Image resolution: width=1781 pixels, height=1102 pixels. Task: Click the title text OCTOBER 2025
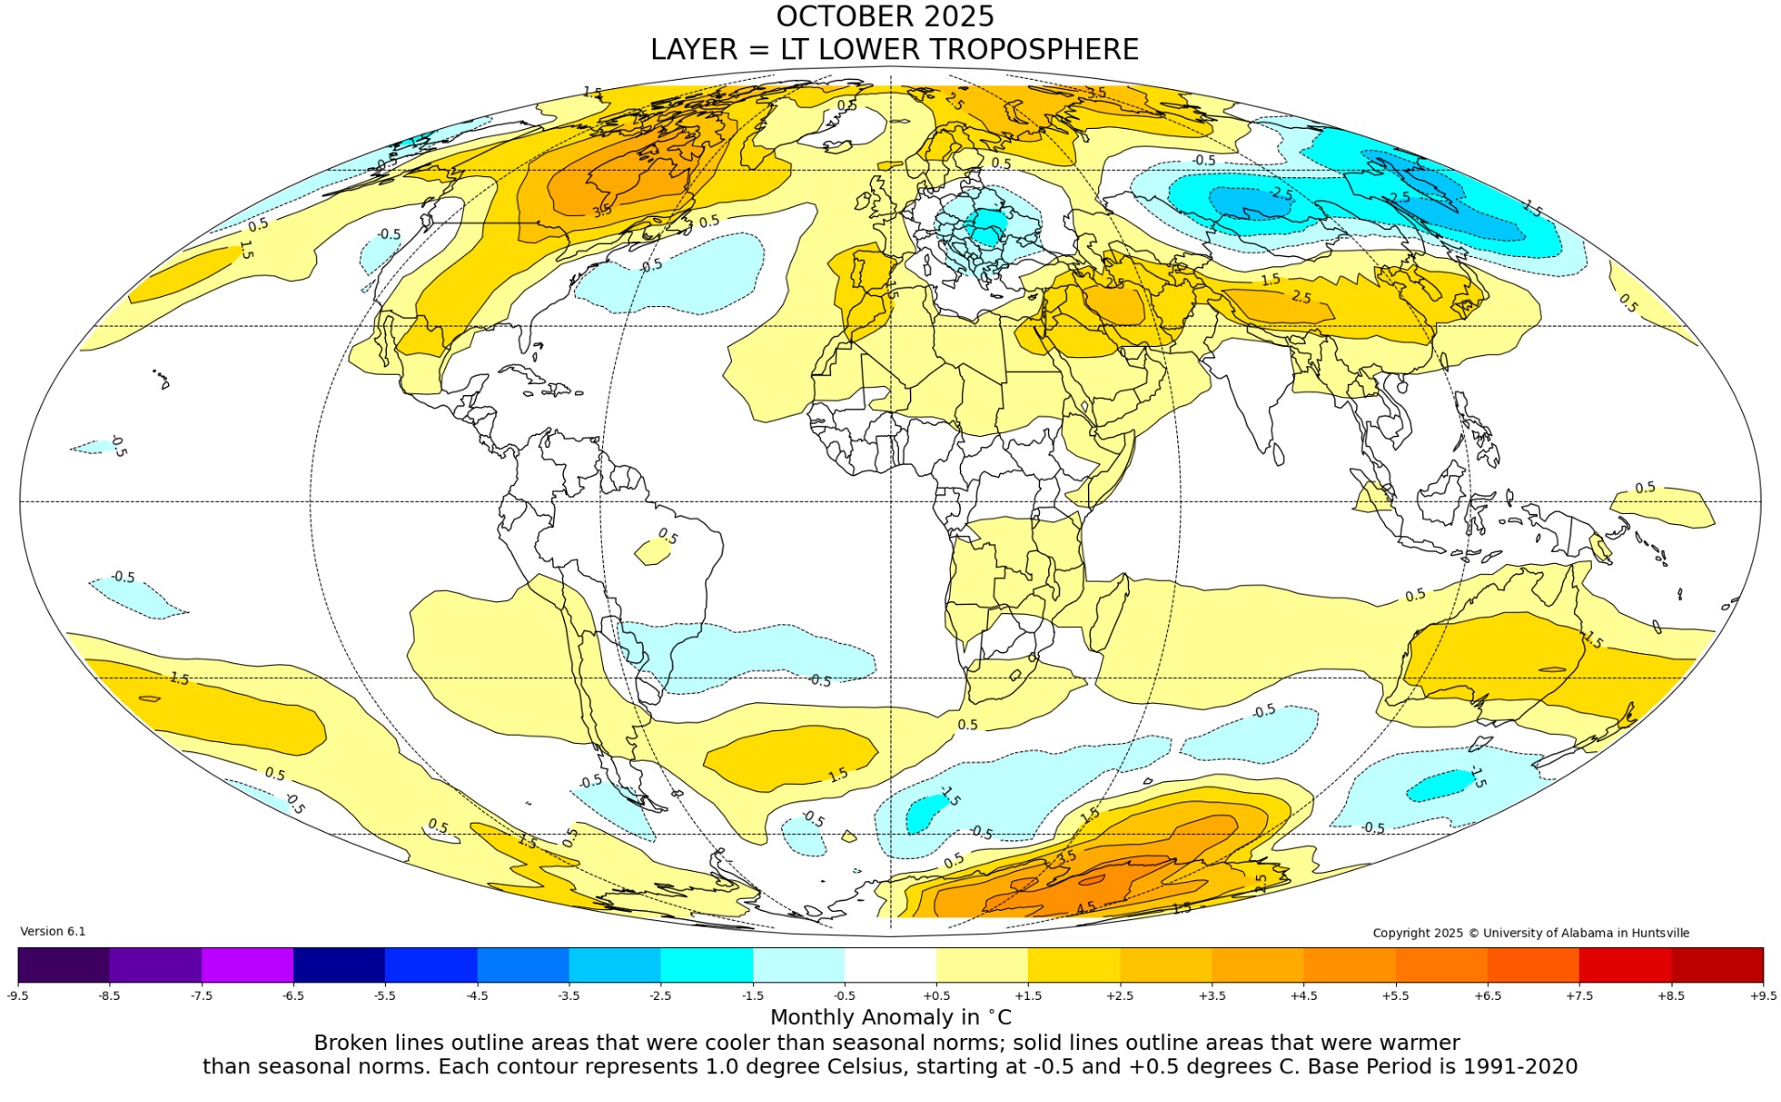(885, 17)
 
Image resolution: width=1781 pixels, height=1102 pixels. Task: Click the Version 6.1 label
(53, 931)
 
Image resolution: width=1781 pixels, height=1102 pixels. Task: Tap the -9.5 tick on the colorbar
(18, 995)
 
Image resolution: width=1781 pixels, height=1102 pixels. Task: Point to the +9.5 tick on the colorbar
(1762, 995)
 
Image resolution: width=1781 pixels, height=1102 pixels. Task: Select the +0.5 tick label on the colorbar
(936, 995)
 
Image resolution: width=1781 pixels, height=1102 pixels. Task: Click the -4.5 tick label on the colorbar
(477, 995)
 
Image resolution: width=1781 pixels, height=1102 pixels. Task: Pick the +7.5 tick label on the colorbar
(1579, 995)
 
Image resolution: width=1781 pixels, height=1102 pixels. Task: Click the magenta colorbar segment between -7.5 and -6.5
(247, 965)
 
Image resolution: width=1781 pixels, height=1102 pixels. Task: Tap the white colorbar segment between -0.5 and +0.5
(890, 965)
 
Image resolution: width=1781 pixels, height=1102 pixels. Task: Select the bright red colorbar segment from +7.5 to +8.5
(1625, 965)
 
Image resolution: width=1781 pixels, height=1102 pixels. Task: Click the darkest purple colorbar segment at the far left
(63, 965)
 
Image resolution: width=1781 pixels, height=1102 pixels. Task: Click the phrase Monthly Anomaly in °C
(890, 1018)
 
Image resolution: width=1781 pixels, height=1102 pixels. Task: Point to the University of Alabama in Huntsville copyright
(1531, 933)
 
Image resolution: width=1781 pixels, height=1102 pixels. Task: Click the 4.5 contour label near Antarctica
(1085, 907)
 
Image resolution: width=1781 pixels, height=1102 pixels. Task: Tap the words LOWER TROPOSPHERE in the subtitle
(978, 49)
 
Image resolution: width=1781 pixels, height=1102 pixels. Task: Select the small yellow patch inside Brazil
(652, 552)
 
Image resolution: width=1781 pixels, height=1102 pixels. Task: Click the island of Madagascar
(1109, 612)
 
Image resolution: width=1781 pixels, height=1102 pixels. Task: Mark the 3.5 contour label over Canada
(602, 211)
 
